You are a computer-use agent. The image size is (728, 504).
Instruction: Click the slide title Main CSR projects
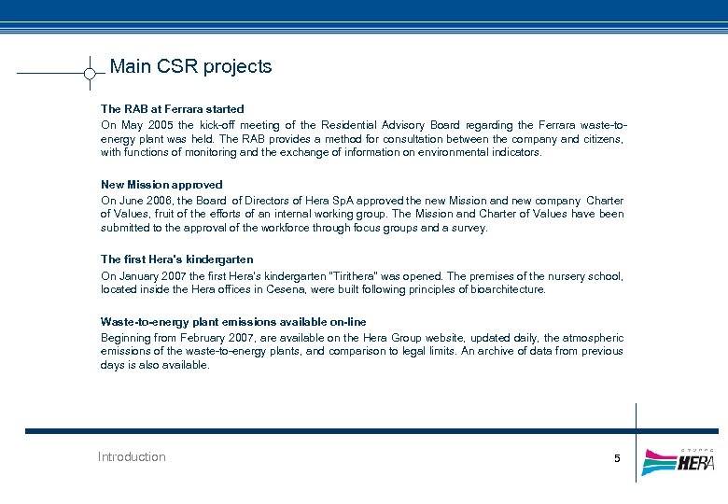190,66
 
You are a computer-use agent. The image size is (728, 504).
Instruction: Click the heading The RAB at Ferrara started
172,109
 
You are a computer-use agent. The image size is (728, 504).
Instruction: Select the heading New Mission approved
161,185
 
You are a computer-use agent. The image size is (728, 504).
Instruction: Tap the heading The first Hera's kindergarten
176,259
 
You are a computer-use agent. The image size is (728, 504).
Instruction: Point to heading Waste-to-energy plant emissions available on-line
233,322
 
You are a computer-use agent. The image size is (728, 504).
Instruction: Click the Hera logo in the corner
679,461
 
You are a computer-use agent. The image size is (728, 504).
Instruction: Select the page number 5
616,458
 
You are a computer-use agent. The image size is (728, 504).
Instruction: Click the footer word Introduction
132,457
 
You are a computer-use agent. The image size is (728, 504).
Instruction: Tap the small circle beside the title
90,73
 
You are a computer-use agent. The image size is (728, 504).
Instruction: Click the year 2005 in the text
158,125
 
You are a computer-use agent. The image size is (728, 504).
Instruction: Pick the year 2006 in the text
161,201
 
